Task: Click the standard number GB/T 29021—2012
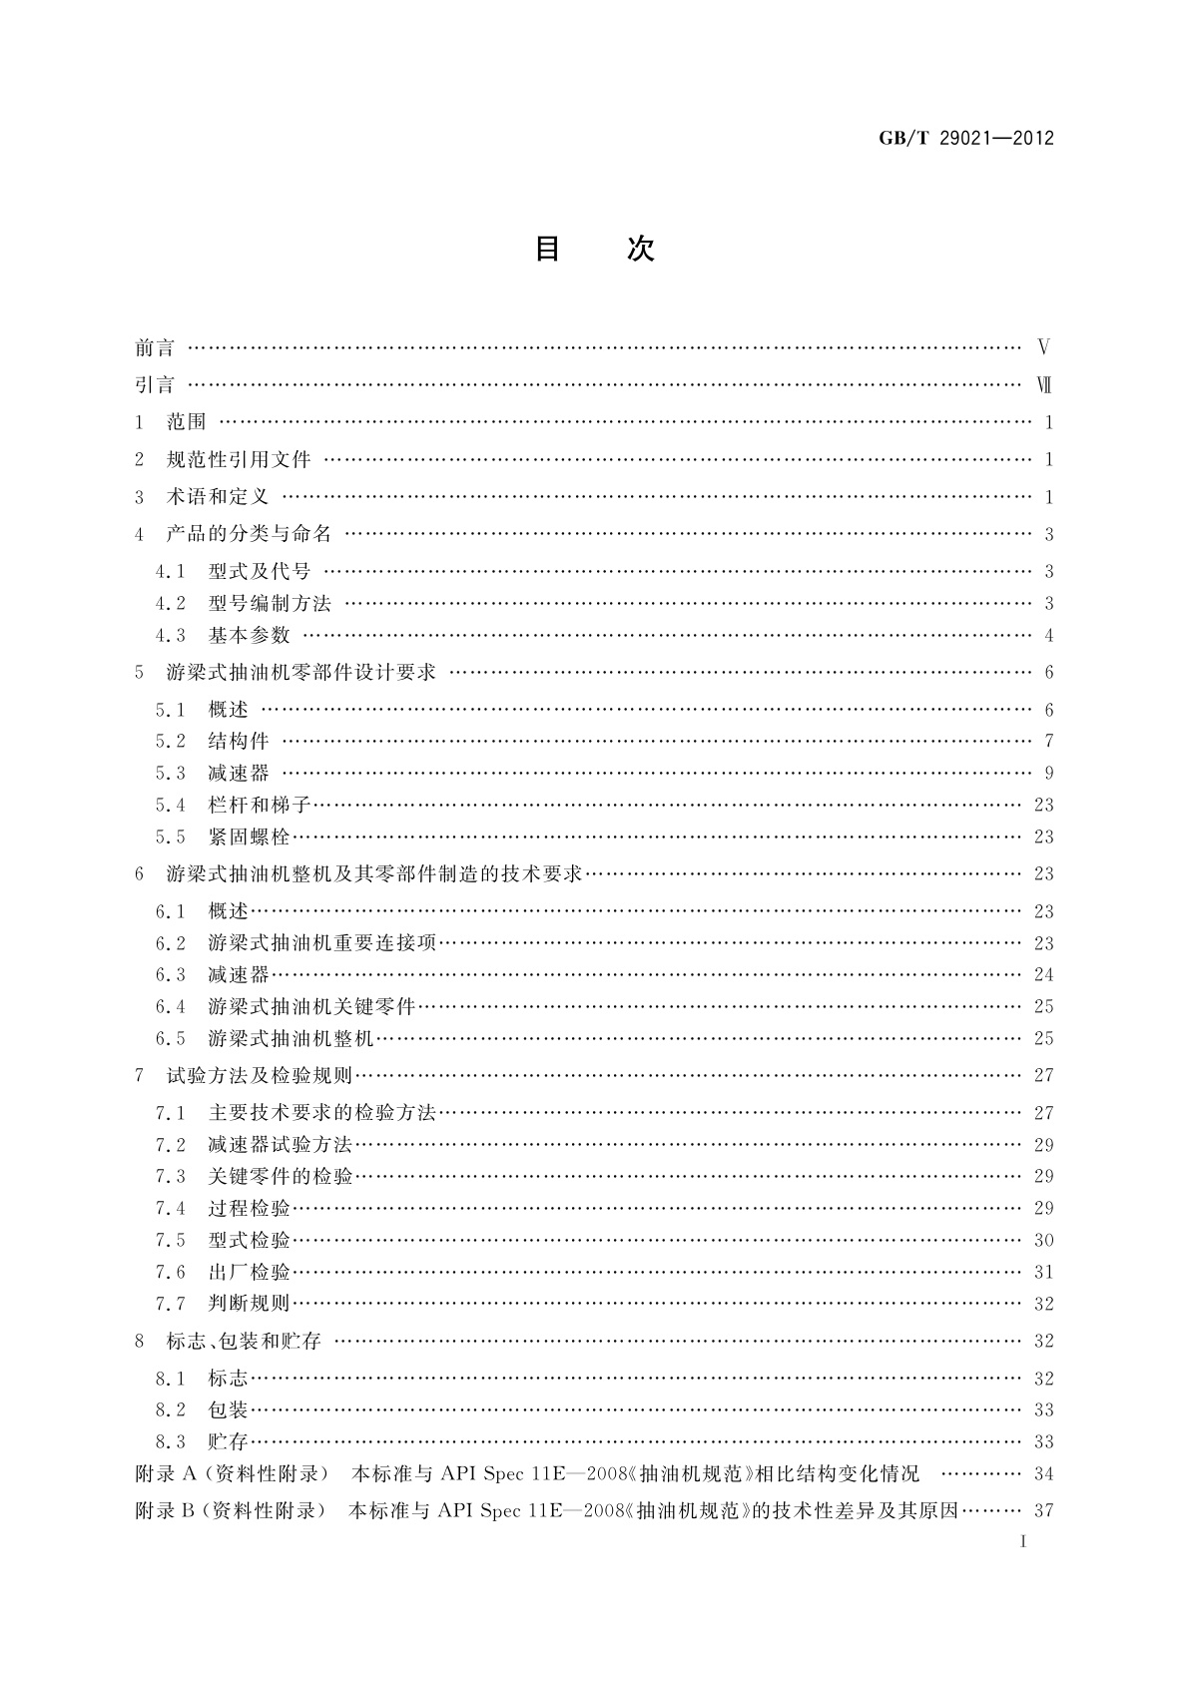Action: [965, 139]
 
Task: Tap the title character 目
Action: [547, 249]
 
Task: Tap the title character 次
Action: [641, 249]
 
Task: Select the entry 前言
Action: [155, 348]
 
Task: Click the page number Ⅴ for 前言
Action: [1043, 348]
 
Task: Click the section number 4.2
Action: [171, 603]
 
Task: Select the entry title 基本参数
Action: [249, 635]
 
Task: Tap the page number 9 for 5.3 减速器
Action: [1048, 773]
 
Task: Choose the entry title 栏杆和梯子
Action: [260, 805]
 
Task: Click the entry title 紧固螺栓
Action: [249, 837]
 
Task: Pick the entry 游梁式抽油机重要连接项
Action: [322, 942]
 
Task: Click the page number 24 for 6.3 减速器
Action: [1043, 974]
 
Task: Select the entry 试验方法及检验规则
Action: [259, 1075]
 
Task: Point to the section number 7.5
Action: [171, 1240]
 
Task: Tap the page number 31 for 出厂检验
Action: [1043, 1272]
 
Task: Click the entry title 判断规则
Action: [249, 1304]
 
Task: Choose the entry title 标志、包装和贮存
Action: [244, 1341]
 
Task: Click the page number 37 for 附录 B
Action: [1043, 1510]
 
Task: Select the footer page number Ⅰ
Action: [1023, 1541]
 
